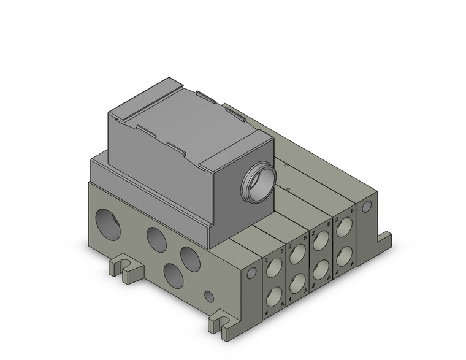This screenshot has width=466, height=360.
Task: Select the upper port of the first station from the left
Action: click(x=273, y=265)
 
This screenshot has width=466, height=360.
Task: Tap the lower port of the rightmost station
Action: click(x=343, y=253)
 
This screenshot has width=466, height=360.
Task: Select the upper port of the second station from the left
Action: click(x=297, y=252)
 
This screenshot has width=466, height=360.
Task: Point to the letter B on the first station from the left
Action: click(x=281, y=251)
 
